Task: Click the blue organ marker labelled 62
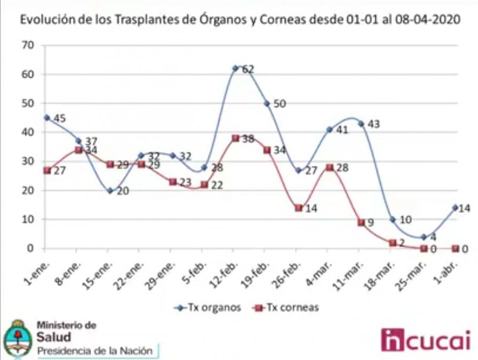(235, 68)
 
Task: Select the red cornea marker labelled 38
(235, 138)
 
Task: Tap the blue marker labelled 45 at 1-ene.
(46, 117)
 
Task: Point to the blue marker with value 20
(109, 190)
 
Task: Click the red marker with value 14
(298, 207)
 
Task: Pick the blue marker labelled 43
(361, 124)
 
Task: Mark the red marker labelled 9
(361, 222)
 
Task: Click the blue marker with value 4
(424, 236)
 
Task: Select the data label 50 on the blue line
(280, 103)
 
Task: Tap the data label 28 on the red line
(342, 168)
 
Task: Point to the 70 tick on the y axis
(28, 46)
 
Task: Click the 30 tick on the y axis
(28, 161)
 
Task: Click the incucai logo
(426, 340)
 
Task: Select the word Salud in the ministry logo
(53, 337)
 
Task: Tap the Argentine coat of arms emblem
(17, 340)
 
